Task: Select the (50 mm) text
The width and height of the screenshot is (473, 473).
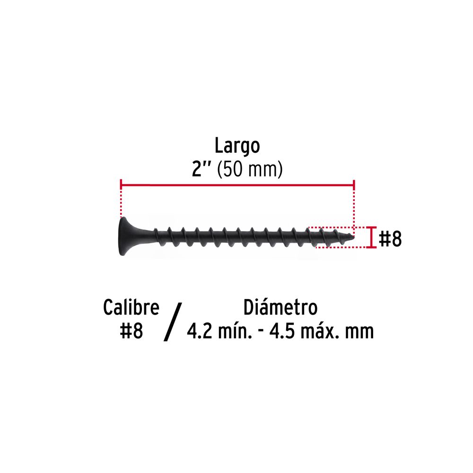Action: (x=250, y=169)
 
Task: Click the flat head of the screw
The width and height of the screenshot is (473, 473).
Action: (x=123, y=236)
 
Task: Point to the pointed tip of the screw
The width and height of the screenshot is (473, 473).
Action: (x=352, y=237)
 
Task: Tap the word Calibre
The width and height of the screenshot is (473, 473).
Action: (x=131, y=307)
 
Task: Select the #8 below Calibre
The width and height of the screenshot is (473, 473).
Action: (x=131, y=331)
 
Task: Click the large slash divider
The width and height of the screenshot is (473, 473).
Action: (x=173, y=322)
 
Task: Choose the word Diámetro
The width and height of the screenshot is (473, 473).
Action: (x=280, y=307)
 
